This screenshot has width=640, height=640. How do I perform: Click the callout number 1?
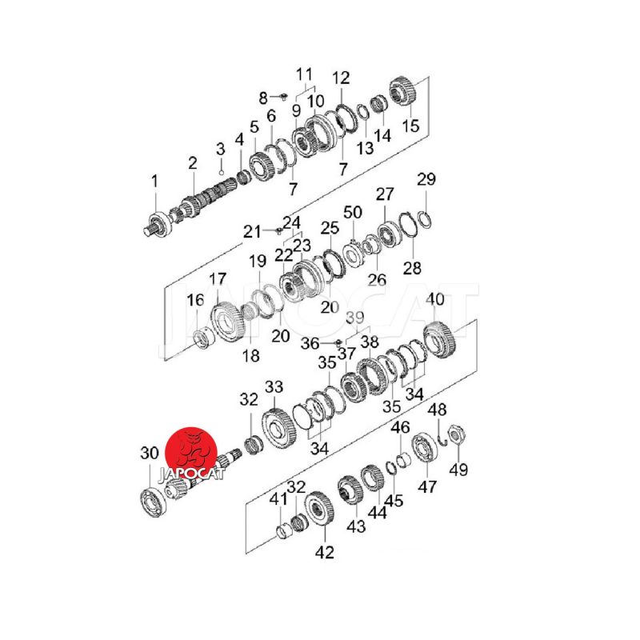coord(154,182)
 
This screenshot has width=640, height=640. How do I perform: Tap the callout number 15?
coord(410,126)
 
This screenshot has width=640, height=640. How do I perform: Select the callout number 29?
coord(426,179)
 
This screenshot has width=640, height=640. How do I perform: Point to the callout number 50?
coord(353,212)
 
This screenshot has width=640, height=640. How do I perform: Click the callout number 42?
coord(325,552)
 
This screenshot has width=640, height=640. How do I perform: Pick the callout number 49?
coord(458,470)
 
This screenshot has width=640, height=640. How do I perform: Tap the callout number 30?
coord(150,453)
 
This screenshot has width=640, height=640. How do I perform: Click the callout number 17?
coord(218,279)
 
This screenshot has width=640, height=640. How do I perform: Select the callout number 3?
coord(221,149)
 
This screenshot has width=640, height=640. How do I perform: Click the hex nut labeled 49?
coord(455,433)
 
